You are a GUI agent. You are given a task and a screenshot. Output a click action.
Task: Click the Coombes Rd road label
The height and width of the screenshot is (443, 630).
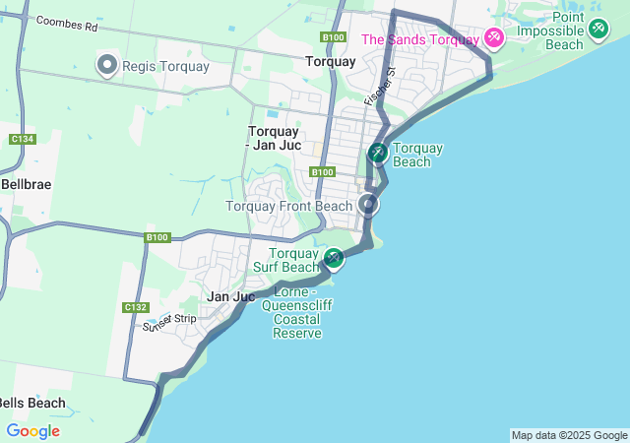coord(66,22)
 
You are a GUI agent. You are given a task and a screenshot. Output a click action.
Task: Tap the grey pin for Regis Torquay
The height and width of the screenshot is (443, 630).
coord(107,65)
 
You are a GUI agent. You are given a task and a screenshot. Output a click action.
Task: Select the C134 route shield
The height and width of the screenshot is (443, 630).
coord(22,139)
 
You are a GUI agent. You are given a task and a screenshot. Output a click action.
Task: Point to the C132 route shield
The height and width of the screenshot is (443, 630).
coord(136,307)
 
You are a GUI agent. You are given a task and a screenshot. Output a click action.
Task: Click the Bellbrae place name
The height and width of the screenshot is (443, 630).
coord(26,184)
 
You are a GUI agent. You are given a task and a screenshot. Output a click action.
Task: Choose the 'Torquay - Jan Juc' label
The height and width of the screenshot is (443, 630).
coord(275,138)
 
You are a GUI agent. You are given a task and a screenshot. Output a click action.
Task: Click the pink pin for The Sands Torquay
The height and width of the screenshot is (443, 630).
coord(494,38)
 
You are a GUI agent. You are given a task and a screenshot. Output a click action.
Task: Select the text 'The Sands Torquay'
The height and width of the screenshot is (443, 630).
coord(420,39)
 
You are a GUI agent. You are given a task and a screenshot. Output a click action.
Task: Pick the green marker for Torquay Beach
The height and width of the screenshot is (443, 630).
coord(378,153)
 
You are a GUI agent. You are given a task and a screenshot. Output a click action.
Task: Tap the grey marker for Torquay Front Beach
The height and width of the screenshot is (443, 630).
coord(369,204)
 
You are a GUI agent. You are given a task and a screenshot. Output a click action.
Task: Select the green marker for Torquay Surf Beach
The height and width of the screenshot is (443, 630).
coord(334,259)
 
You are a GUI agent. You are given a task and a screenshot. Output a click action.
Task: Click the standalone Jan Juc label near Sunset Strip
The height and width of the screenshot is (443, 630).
coord(231,296)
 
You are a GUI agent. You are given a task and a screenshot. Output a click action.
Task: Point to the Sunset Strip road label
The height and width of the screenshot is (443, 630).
coord(169,322)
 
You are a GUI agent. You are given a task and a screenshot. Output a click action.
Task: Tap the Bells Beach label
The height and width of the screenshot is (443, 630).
coord(32,403)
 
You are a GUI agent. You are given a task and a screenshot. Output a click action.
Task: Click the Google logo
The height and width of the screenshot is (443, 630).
coord(32,431)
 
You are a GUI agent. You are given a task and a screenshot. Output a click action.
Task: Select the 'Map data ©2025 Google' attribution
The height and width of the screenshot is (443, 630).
coord(569,435)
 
